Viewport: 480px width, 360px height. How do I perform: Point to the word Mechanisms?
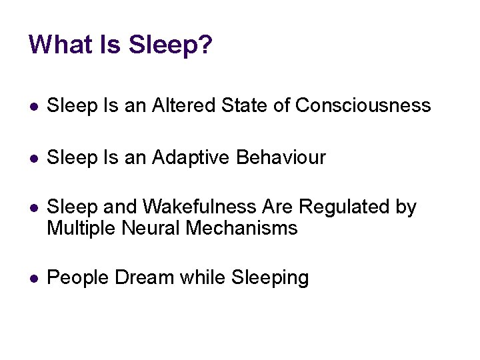(243, 229)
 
